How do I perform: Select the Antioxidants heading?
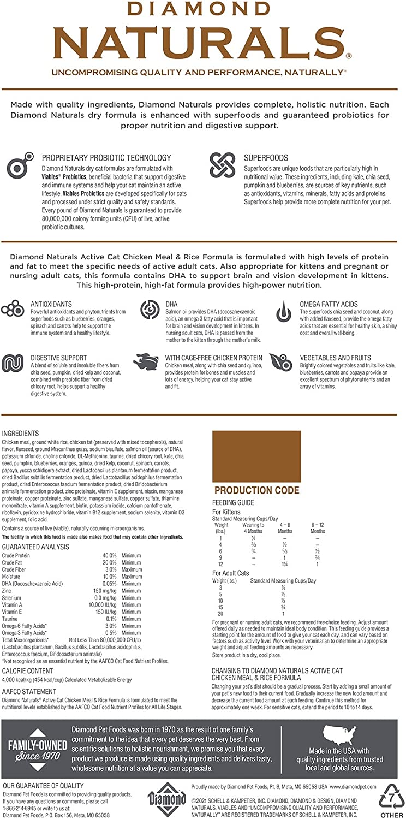(52, 304)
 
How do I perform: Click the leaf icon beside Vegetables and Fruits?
(282, 363)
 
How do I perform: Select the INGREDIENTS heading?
(20, 433)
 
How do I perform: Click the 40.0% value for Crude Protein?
(110, 555)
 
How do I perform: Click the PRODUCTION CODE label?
(256, 490)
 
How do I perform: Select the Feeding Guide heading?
(233, 503)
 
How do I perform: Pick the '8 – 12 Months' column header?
(317, 527)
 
